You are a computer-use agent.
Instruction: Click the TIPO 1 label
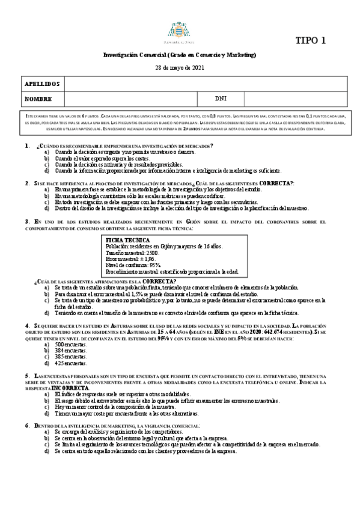[311, 41]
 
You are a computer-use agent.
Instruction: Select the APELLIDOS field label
[42, 83]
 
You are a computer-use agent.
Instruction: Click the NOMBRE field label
[38, 98]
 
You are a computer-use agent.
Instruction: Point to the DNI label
[221, 98]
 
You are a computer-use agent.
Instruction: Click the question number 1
[26, 146]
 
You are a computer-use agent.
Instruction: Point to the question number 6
[26, 426]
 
